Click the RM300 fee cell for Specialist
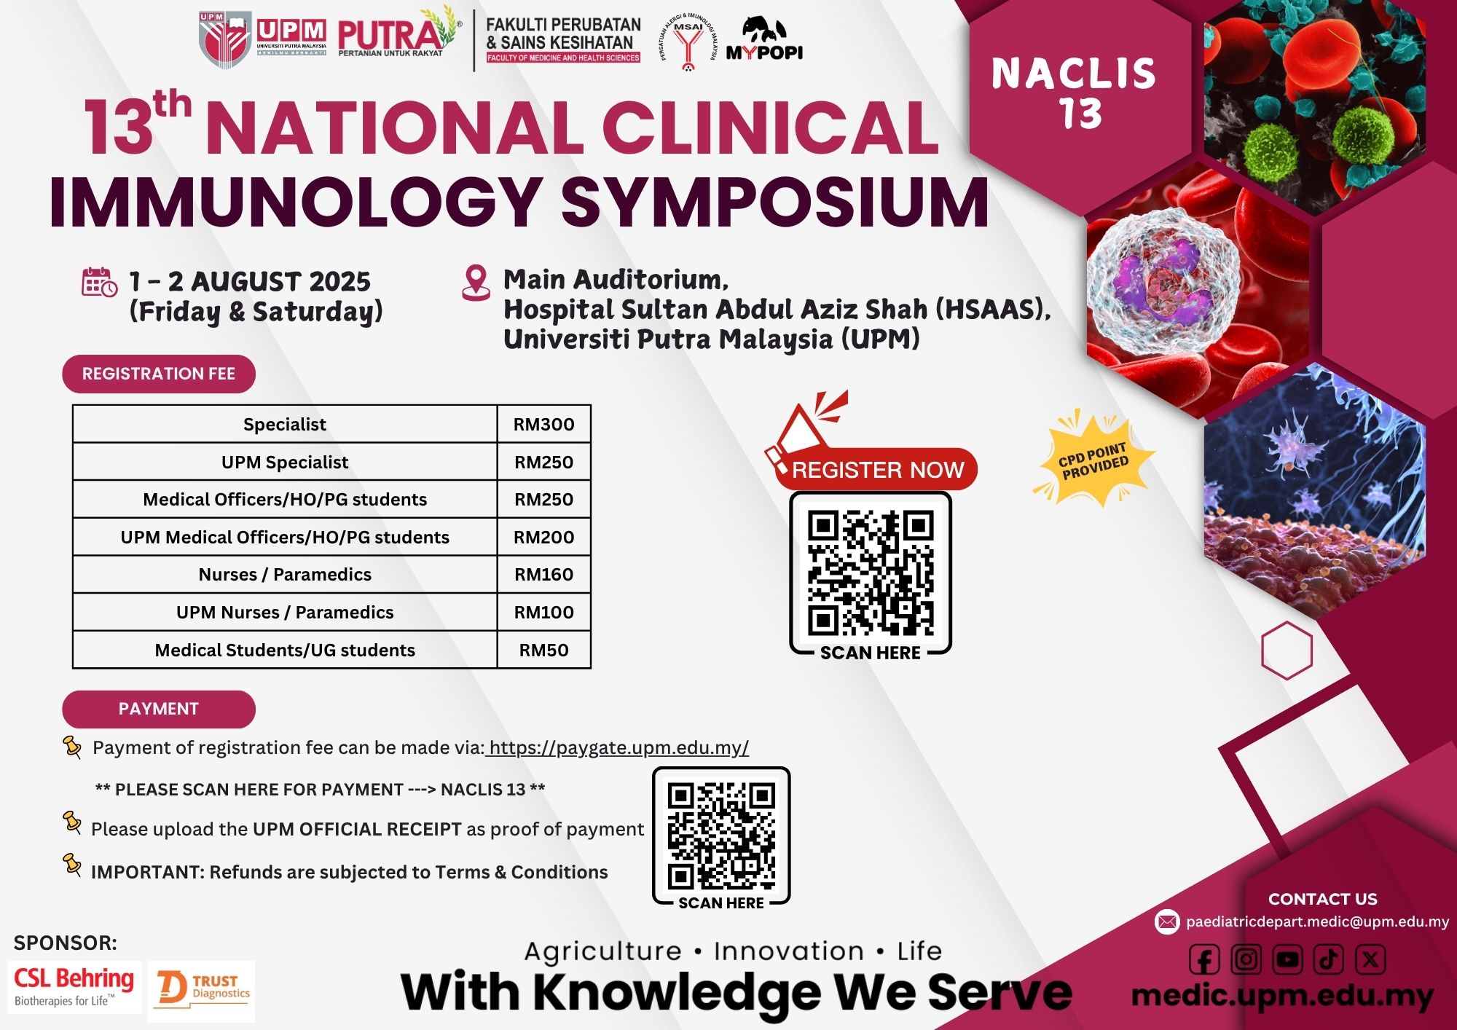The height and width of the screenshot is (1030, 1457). click(543, 424)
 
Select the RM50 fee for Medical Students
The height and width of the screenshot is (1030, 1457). click(543, 650)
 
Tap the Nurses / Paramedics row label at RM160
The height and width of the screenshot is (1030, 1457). click(285, 575)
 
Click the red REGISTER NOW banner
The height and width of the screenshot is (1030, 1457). click(876, 469)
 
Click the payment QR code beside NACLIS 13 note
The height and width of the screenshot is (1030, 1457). click(721, 835)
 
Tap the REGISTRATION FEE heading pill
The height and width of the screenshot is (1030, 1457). click(159, 374)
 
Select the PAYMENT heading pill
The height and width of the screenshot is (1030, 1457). click(159, 709)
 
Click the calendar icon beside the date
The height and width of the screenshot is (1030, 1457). click(99, 283)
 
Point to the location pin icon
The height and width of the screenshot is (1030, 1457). click(476, 283)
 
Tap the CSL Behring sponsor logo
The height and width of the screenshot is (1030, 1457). click(74, 987)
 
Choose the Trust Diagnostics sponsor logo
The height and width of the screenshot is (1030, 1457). click(202, 991)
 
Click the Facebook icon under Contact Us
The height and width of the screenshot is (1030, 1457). click(1204, 960)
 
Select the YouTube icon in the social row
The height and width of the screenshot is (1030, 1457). click(1287, 960)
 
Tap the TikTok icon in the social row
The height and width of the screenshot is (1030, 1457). click(1329, 960)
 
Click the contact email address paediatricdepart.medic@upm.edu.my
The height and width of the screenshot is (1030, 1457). click(1317, 921)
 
